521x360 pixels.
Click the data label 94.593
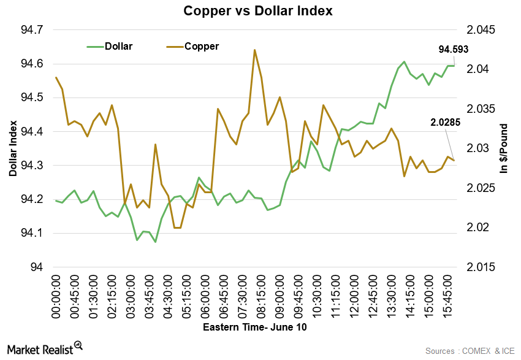453,49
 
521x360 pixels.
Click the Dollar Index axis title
13,148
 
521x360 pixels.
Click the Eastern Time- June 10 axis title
255,327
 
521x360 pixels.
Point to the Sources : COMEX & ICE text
470,350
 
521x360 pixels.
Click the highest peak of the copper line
254,50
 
